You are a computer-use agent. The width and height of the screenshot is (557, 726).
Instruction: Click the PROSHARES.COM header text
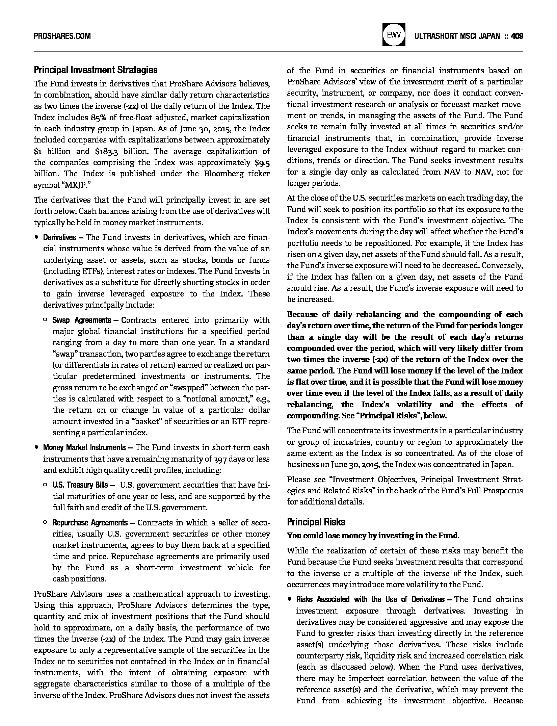pyautogui.click(x=62, y=36)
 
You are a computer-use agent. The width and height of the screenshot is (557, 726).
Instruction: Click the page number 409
pyautogui.click(x=517, y=36)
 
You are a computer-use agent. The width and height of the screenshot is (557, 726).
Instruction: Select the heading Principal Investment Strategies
pyautogui.click(x=96, y=70)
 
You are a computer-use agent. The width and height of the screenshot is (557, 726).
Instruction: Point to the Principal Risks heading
pyautogui.click(x=316, y=522)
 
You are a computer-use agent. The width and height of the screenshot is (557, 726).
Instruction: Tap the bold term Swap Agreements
pyautogui.click(x=81, y=320)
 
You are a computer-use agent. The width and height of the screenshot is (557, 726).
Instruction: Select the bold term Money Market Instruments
pyautogui.click(x=84, y=448)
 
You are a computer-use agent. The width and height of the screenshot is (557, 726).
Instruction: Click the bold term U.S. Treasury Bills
pyautogui.click(x=80, y=485)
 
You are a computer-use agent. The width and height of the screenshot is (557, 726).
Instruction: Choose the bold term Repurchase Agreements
pyautogui.click(x=90, y=523)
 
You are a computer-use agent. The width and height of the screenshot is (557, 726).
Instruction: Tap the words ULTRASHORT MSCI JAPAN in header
pyautogui.click(x=457, y=36)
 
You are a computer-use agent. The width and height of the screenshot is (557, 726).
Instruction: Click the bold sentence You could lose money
pyautogui.click(x=373, y=536)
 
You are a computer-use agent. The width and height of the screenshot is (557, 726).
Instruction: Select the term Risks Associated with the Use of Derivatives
pyautogui.click(x=370, y=599)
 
